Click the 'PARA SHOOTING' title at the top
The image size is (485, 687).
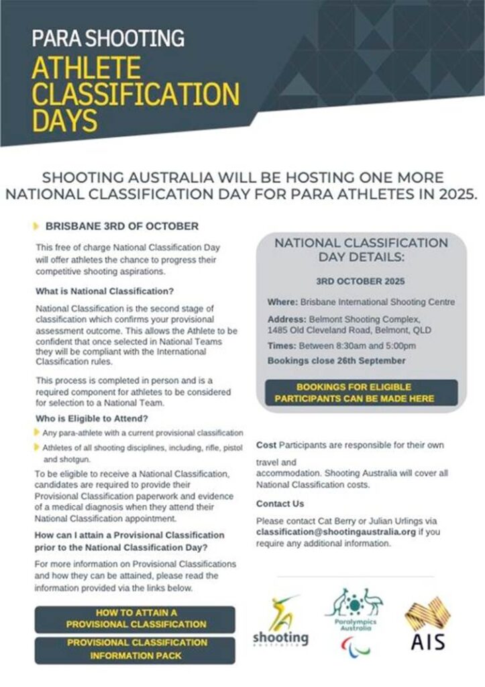click(108, 38)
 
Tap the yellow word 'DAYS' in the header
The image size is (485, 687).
click(65, 121)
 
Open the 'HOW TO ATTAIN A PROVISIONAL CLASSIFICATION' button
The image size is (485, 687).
click(136, 619)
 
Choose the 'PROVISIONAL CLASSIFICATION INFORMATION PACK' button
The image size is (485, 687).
click(136, 649)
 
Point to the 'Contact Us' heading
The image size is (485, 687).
click(280, 503)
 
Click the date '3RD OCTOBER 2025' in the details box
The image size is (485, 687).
click(360, 282)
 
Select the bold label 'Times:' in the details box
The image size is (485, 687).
click(281, 346)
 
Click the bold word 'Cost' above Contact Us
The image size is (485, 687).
click(266, 445)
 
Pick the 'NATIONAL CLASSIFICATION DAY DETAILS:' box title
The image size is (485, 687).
click(361, 250)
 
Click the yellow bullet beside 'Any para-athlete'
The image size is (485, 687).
click(37, 432)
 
